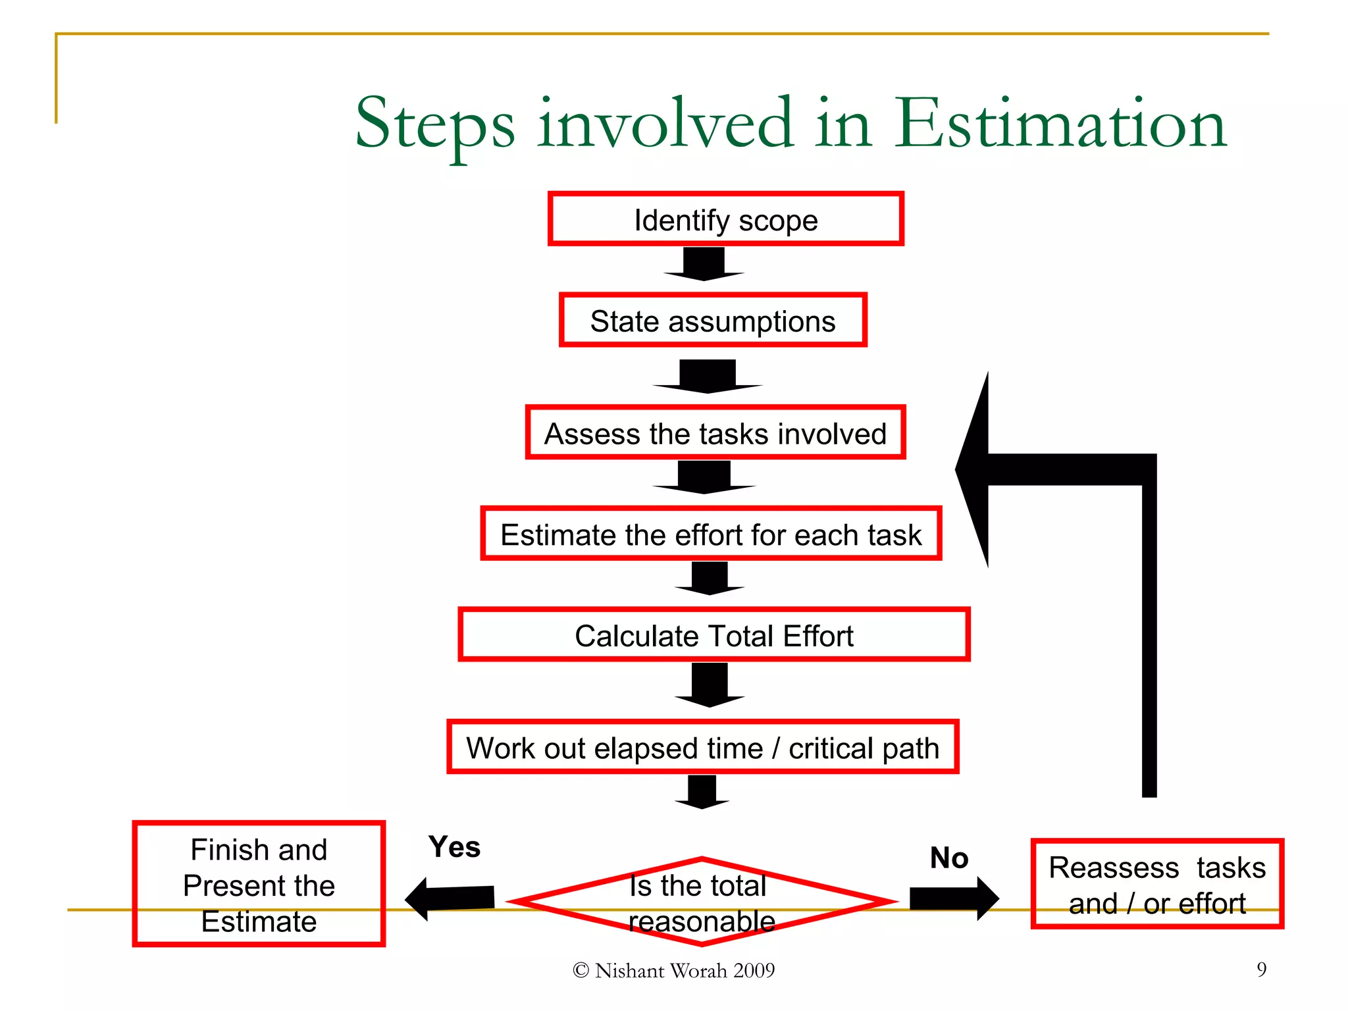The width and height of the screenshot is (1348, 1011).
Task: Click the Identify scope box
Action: pos(725,219)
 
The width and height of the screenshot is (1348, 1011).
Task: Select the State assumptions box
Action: pos(713,321)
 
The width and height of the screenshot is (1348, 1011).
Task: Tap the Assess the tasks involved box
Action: pos(715,432)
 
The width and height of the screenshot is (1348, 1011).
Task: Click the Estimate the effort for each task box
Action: pos(711,534)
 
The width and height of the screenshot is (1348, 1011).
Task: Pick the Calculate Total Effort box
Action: pos(714,635)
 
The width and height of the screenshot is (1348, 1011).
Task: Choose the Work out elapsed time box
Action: pos(702,747)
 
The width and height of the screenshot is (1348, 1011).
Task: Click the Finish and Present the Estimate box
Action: pos(259,884)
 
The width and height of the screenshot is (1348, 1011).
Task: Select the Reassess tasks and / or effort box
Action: pos(1156,884)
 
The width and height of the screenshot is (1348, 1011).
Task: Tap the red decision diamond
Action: pos(702,902)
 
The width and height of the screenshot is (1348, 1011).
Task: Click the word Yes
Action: pos(454,847)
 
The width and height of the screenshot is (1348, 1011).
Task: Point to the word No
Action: pos(948,858)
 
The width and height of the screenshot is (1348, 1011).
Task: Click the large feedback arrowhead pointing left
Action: pos(974,469)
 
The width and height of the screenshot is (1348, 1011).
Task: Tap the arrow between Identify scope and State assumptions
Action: pos(704,264)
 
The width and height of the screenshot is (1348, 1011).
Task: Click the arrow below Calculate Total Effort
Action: pos(710,685)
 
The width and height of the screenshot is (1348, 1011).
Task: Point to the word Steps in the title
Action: pos(435,124)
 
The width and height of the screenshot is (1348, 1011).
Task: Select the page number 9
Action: pos(1261,969)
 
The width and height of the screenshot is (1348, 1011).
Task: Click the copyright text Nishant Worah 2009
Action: pos(674,970)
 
